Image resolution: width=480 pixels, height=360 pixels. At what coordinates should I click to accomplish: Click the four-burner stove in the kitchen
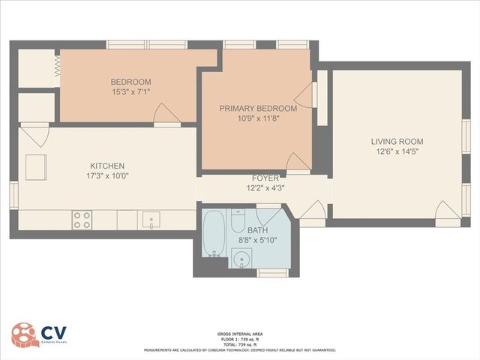tap(82, 220)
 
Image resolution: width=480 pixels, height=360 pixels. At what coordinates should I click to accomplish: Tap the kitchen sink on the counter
tap(151, 220)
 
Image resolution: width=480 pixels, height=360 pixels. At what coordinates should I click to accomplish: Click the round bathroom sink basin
tap(241, 259)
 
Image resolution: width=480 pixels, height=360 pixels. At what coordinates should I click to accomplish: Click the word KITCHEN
tap(107, 166)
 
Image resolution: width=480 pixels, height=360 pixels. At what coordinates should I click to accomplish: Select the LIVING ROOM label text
tap(397, 141)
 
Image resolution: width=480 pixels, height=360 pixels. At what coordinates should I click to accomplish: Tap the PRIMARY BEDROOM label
tap(257, 109)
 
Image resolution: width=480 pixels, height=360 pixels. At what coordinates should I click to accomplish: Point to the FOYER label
tap(265, 178)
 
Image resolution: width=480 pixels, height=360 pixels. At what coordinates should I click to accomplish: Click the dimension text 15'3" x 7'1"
tap(131, 93)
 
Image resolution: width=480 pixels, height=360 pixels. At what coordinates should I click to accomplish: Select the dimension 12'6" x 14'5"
tap(397, 152)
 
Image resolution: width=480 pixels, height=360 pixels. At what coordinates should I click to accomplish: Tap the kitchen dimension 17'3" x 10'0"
tap(107, 177)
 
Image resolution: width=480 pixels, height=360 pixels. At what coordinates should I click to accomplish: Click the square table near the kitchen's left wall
tap(36, 166)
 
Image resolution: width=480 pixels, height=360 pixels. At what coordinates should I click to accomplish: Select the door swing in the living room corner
tap(448, 211)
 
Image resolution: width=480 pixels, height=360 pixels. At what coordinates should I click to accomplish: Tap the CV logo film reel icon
tap(25, 335)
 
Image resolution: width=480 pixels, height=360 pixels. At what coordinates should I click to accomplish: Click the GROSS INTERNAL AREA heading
tap(240, 333)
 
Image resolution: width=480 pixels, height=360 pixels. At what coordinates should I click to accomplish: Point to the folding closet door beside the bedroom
tap(56, 68)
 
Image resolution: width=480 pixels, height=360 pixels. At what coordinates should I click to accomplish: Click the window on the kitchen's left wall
tap(13, 193)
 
